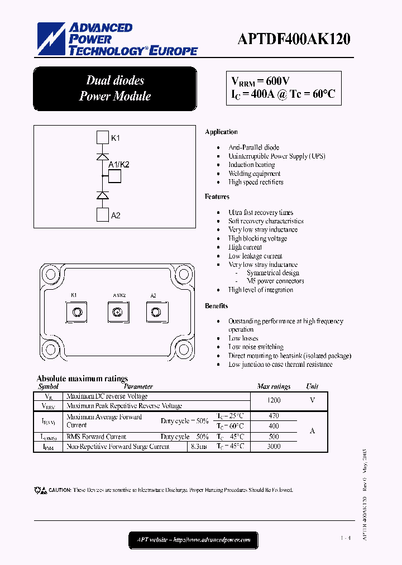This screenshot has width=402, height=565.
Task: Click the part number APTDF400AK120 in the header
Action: (x=294, y=40)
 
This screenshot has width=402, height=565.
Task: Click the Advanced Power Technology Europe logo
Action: (x=117, y=40)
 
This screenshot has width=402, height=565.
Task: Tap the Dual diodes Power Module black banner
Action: (x=115, y=89)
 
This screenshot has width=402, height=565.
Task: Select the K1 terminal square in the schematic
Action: (x=102, y=137)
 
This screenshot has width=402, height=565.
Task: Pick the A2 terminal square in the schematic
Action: (x=102, y=215)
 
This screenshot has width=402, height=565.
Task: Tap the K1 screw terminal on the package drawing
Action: (x=78, y=312)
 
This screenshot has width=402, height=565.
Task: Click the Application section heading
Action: (x=221, y=132)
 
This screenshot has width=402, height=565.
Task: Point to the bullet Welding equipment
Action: (x=254, y=174)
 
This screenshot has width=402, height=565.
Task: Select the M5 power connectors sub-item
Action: (x=275, y=281)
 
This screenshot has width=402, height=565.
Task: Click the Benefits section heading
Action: (x=216, y=306)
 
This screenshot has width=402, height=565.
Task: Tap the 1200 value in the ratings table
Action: (x=274, y=400)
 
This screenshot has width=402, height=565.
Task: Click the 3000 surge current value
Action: (x=274, y=447)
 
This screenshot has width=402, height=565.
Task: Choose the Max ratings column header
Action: (x=274, y=386)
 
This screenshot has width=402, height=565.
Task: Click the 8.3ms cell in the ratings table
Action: (x=199, y=447)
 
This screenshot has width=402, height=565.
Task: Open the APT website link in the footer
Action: (x=194, y=540)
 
